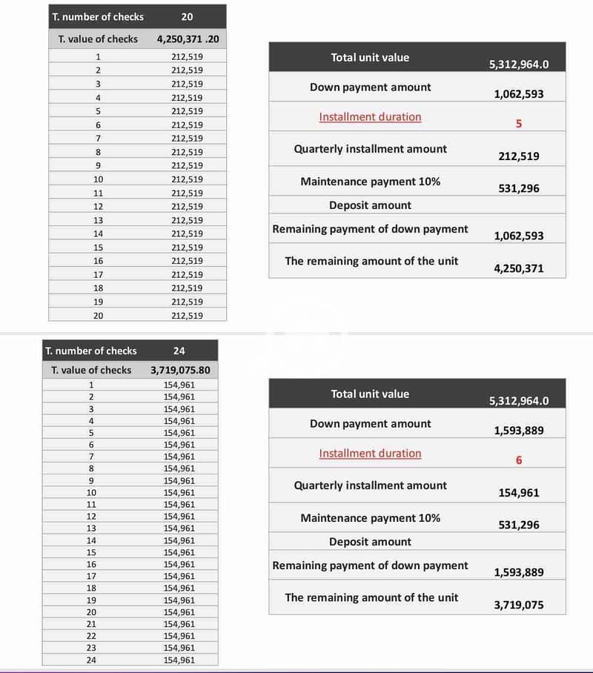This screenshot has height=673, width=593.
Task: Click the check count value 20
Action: click(187, 16)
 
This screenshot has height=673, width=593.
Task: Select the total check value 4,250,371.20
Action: click(188, 39)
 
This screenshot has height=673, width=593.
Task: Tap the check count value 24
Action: click(179, 351)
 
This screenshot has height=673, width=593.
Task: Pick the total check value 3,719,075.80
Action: click(180, 370)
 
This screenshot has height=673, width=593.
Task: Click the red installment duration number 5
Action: click(518, 124)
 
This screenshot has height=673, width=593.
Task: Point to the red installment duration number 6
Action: click(518, 460)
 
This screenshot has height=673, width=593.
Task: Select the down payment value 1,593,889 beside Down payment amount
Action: click(518, 431)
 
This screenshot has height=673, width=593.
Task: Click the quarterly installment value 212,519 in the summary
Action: click(518, 156)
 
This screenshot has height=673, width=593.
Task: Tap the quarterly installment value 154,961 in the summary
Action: click(518, 493)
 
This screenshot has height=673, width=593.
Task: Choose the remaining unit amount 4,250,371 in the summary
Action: click(518, 268)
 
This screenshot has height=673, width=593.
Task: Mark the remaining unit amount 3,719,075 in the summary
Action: click(518, 605)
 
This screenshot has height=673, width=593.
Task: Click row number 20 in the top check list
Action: click(98, 316)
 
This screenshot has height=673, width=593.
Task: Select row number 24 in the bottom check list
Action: click(91, 660)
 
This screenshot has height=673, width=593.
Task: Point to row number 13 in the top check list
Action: click(98, 220)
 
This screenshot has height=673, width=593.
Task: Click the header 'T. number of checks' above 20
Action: click(98, 16)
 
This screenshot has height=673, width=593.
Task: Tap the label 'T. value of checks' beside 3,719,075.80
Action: click(91, 370)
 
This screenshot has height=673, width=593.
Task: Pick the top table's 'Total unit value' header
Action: click(370, 57)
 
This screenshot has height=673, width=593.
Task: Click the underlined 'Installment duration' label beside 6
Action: click(370, 453)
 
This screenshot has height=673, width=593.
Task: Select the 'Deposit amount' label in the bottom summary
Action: click(370, 542)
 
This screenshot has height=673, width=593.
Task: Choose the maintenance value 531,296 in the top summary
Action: click(518, 188)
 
